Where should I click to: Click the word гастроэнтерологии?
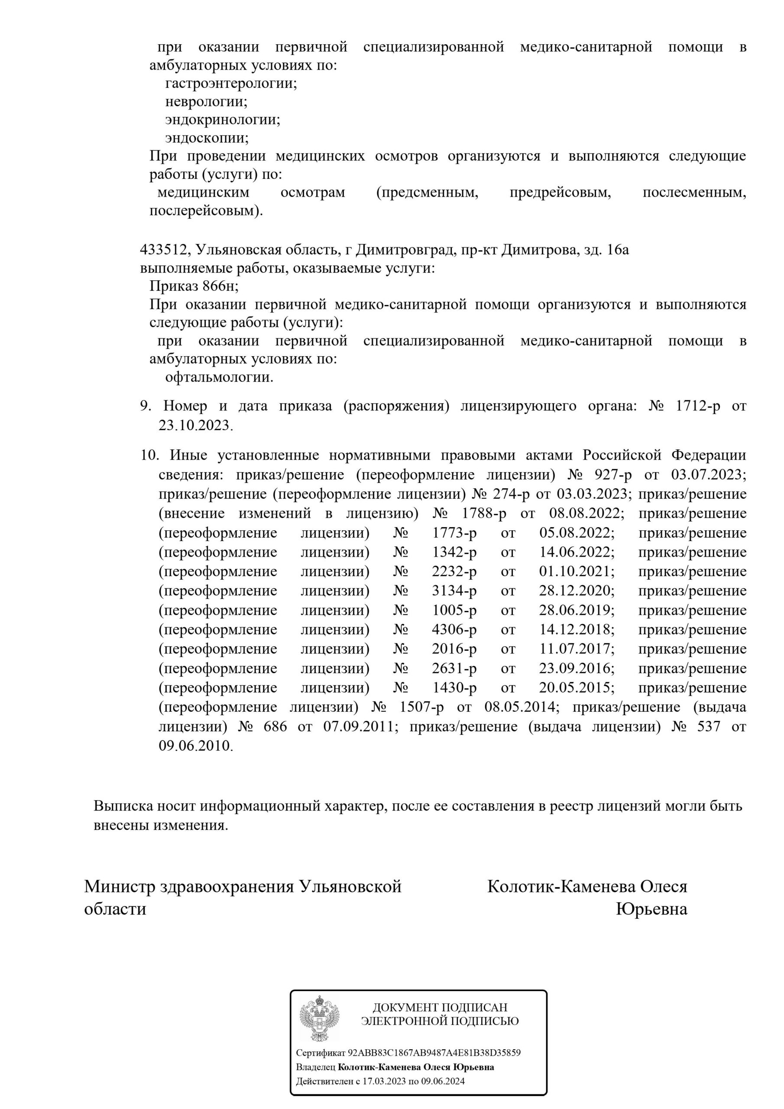pyautogui.click(x=231, y=84)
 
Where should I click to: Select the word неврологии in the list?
pyautogui.click(x=206, y=102)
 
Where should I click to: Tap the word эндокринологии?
pyautogui.click(x=223, y=120)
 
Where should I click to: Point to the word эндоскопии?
pyautogui.click(x=207, y=138)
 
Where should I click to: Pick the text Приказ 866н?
pyautogui.click(x=194, y=286)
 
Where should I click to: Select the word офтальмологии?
pyautogui.click(x=219, y=377)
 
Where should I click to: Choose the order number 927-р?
pyautogui.click(x=613, y=475)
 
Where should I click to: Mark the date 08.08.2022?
pyautogui.click(x=586, y=513)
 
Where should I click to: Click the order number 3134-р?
pyautogui.click(x=454, y=591)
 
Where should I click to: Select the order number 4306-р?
pyautogui.click(x=454, y=630)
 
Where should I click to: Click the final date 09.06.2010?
pyautogui.click(x=196, y=746)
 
